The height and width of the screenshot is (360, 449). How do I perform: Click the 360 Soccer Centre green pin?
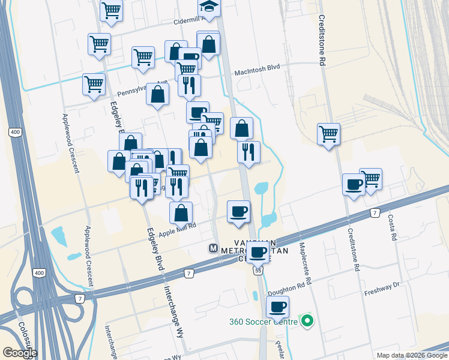pos(308,322)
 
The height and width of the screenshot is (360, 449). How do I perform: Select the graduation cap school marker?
pos(209,7)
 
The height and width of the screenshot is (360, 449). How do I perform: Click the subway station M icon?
pos(213,248)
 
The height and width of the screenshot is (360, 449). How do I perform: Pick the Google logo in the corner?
pos(20,352)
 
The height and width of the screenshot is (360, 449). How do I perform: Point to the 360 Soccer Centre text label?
pos(263,322)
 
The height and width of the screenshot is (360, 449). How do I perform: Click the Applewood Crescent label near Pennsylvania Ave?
pos(70,143)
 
